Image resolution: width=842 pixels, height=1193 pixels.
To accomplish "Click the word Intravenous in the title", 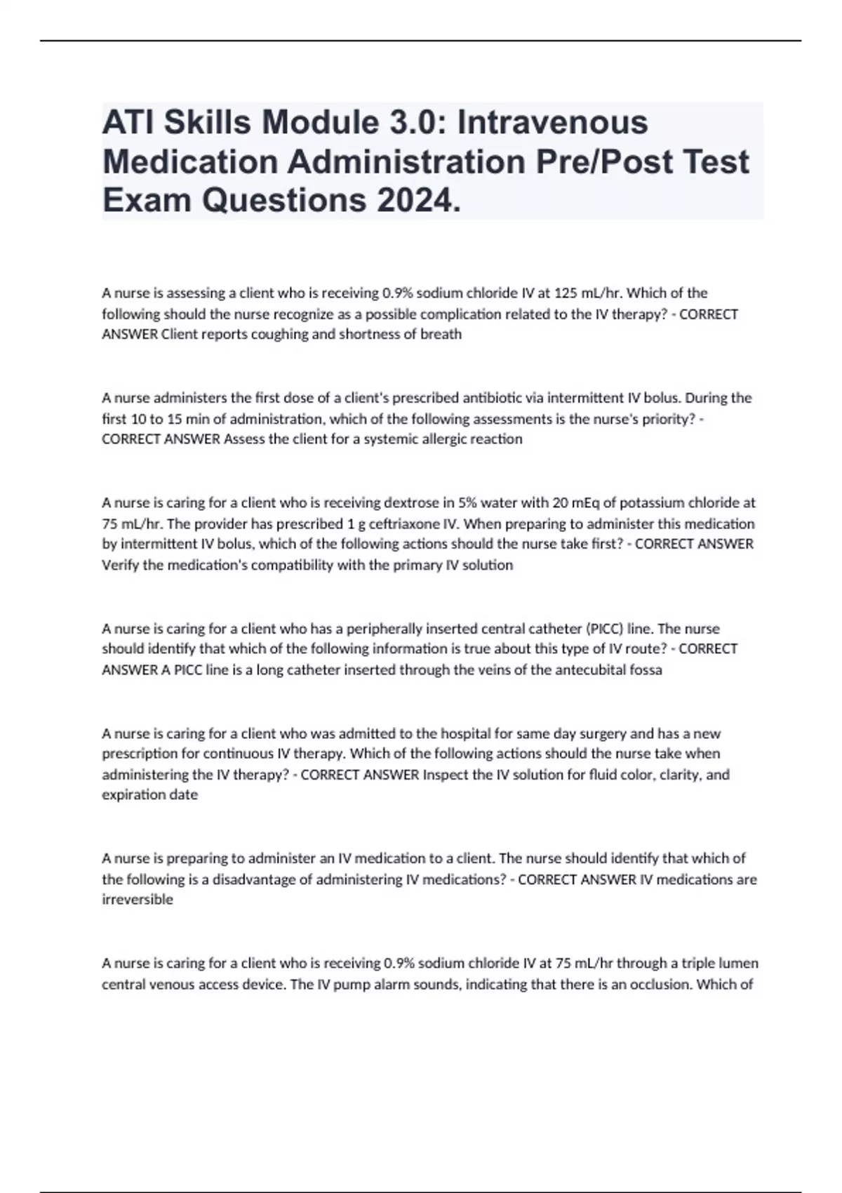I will tap(553, 122).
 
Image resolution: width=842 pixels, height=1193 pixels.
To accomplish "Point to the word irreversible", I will tap(138, 900).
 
